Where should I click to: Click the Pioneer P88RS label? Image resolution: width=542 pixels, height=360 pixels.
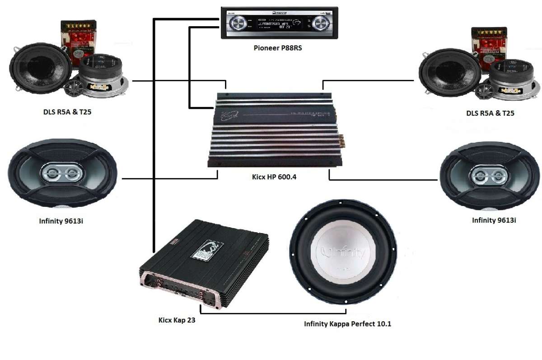coord(277,48)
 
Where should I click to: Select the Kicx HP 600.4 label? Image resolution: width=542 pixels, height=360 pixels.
coord(277,177)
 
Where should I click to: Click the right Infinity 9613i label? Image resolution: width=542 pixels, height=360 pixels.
coord(494,220)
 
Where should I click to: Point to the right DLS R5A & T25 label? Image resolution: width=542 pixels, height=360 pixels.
coord(490,113)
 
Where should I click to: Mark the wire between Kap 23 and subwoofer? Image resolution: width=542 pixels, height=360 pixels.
coord(271,313)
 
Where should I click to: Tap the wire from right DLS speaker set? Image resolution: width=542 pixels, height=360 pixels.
coord(370,81)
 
